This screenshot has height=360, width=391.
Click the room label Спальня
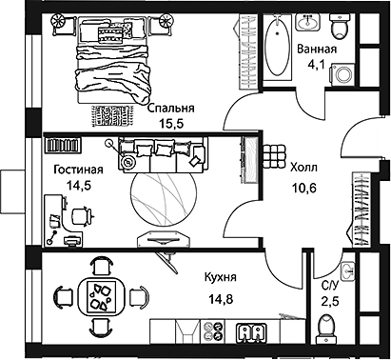(x=171, y=109)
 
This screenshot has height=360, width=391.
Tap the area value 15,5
(x=172, y=124)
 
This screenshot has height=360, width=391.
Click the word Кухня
(x=220, y=278)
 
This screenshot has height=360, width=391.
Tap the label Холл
(x=304, y=166)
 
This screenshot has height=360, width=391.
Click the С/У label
(x=330, y=286)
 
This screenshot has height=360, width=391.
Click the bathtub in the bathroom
(x=275, y=46)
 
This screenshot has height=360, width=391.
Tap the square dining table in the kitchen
(x=98, y=295)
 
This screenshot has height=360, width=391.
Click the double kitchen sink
(x=252, y=332)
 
